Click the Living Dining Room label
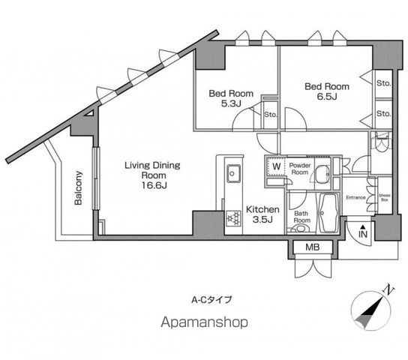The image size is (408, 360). (152, 175)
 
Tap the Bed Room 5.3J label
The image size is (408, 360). (231, 98)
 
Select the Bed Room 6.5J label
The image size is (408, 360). (327, 91)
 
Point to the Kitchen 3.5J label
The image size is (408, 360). (262, 214)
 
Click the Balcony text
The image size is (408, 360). (78, 187)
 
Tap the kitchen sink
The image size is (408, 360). (233, 173)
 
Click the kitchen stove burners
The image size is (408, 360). (233, 218)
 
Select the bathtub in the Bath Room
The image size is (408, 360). (328, 213)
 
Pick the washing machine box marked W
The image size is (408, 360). (275, 166)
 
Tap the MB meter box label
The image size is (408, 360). (313, 247)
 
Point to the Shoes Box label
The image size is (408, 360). (384, 197)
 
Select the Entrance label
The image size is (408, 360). (355, 198)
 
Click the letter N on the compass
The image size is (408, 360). (389, 289)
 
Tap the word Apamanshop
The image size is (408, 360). (204, 322)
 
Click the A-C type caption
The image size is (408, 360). (211, 300)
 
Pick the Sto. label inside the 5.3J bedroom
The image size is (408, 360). (270, 115)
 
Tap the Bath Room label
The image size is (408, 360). (301, 217)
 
